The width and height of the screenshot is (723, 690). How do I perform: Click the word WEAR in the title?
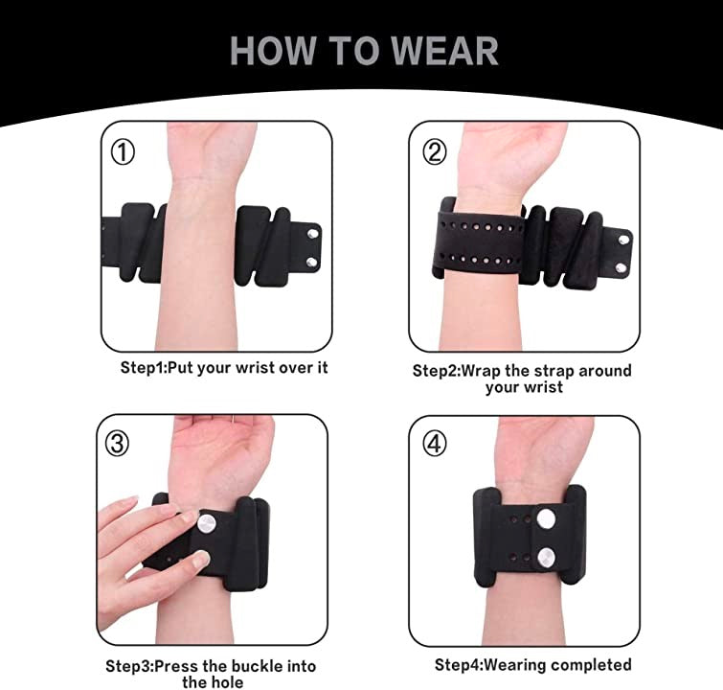(x=445, y=51)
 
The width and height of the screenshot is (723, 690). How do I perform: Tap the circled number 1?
(x=123, y=152)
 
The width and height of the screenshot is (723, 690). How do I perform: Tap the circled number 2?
(x=435, y=152)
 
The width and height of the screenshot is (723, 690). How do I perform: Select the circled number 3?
(x=117, y=444)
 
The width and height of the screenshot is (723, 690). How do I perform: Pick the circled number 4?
(x=435, y=444)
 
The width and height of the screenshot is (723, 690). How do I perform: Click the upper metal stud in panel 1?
(x=313, y=234)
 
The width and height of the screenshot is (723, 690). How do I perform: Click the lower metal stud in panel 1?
(x=311, y=263)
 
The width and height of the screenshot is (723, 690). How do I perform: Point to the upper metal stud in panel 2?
(x=623, y=240)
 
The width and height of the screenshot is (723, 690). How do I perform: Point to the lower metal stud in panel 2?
(x=621, y=267)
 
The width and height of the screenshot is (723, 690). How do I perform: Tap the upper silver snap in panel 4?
(x=546, y=518)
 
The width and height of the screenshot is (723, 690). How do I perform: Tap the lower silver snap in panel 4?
(x=546, y=557)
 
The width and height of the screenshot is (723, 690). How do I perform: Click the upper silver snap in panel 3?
(x=207, y=524)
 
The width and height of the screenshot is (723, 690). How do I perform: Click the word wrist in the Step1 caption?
(x=255, y=367)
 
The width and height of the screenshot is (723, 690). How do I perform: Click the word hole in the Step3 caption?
(x=228, y=681)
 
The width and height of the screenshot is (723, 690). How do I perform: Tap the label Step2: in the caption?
(x=437, y=372)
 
